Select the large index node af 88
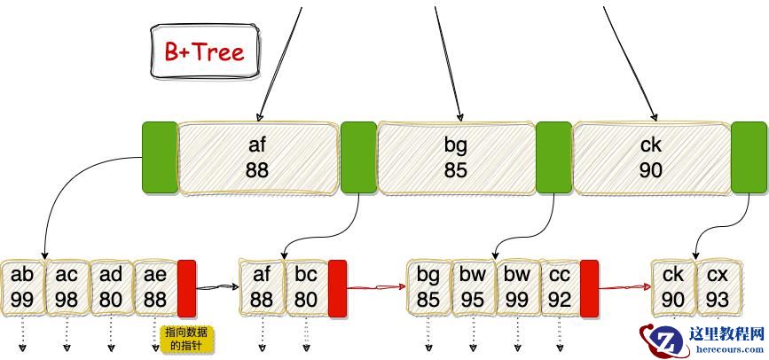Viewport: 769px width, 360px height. point(258,158)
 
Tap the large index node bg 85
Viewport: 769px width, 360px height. point(456,158)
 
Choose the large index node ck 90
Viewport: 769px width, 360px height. point(651,158)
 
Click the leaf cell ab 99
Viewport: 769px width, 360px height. point(22,286)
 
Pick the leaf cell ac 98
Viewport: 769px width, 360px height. point(67,286)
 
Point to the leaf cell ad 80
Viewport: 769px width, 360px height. point(111,286)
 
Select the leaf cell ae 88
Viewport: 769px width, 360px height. point(155,286)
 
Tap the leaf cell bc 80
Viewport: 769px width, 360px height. point(306,286)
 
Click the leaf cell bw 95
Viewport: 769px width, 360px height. point(473,286)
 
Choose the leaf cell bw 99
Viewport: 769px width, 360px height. point(517,286)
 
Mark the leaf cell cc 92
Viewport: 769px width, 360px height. point(559,286)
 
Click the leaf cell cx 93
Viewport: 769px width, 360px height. point(718,286)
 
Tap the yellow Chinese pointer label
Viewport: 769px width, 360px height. point(188,339)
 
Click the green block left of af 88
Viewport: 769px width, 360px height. point(160,158)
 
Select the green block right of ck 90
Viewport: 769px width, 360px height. point(749,158)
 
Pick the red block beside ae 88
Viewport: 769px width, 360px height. point(186,288)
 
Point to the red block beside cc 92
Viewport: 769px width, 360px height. point(589,288)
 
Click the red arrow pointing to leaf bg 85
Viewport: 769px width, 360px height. point(377,287)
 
